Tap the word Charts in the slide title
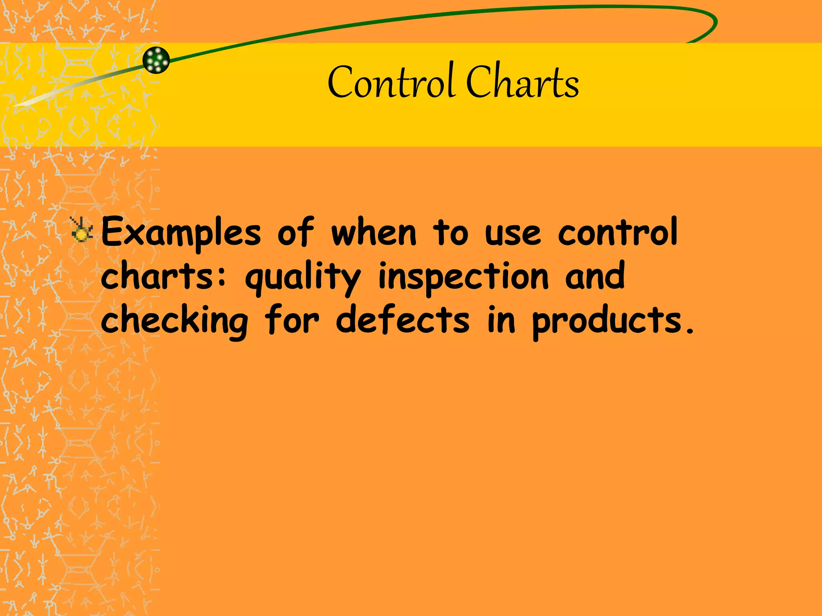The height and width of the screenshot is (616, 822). (522, 82)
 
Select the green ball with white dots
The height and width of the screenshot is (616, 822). (156, 60)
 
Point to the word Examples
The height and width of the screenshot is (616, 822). (181, 233)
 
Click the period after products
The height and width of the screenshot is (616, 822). (690, 331)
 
